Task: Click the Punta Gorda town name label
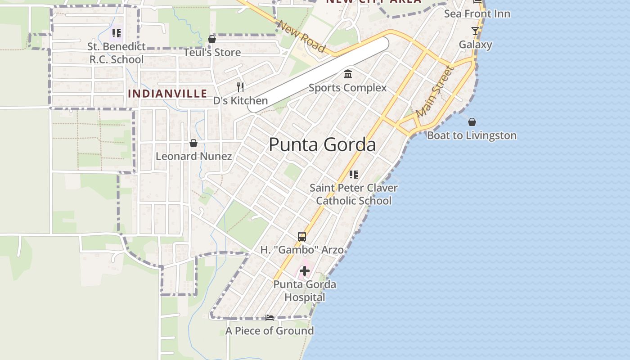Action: coord(322,145)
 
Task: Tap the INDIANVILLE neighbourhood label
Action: coord(168,94)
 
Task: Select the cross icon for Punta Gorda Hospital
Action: coord(305,271)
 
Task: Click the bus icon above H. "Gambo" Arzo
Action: coord(302,237)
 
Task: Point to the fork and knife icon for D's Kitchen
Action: coord(240,87)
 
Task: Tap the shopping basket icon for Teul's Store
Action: coord(212,40)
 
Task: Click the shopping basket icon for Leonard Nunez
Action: coord(193,143)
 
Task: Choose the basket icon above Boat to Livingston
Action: coord(472,122)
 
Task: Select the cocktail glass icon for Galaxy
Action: coord(475,31)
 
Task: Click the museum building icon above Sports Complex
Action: coord(348,74)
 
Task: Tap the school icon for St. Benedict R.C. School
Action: coord(117,33)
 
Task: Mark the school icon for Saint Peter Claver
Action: coord(354,175)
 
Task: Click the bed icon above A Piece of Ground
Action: coord(270,318)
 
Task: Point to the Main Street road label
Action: coord(435,92)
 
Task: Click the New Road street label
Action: coord(301,36)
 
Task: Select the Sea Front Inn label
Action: coord(477,14)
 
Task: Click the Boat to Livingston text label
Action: coord(472,135)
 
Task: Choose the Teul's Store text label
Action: coord(212,53)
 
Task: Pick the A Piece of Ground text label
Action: coord(270,331)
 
